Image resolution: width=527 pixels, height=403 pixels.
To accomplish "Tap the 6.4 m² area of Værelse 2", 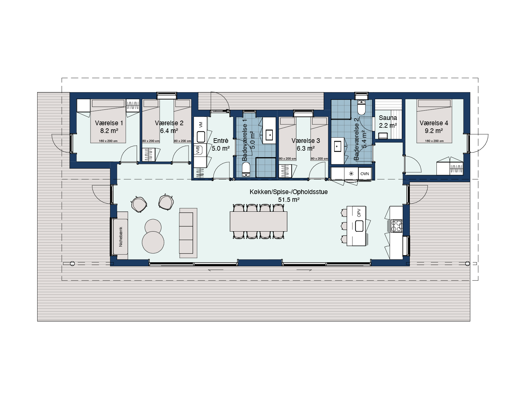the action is (x=169, y=131).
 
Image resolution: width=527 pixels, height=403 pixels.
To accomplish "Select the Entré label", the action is (x=221, y=141).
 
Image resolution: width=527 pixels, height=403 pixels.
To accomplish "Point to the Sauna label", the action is (x=388, y=118).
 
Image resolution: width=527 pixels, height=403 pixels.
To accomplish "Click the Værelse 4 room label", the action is (x=434, y=123).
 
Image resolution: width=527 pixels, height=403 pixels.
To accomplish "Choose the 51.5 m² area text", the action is (x=289, y=200).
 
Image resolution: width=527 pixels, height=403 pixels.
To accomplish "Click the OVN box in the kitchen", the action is (x=365, y=174).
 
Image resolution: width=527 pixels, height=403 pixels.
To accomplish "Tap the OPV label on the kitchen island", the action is (x=359, y=213).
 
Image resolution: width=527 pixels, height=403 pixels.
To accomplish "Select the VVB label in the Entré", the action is (x=197, y=150).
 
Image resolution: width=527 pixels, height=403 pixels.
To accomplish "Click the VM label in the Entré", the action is (x=201, y=125).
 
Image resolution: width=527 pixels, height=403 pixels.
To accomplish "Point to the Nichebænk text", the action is (x=121, y=237).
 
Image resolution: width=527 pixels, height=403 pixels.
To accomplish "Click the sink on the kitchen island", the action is (x=359, y=226).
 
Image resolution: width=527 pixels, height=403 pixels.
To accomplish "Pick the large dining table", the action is (x=259, y=221).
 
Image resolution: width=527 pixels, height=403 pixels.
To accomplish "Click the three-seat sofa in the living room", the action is (x=188, y=233).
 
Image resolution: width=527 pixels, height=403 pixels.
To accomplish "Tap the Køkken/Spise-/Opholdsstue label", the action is (x=289, y=192).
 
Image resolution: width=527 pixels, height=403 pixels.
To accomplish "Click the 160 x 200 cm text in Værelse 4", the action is (x=434, y=141).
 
